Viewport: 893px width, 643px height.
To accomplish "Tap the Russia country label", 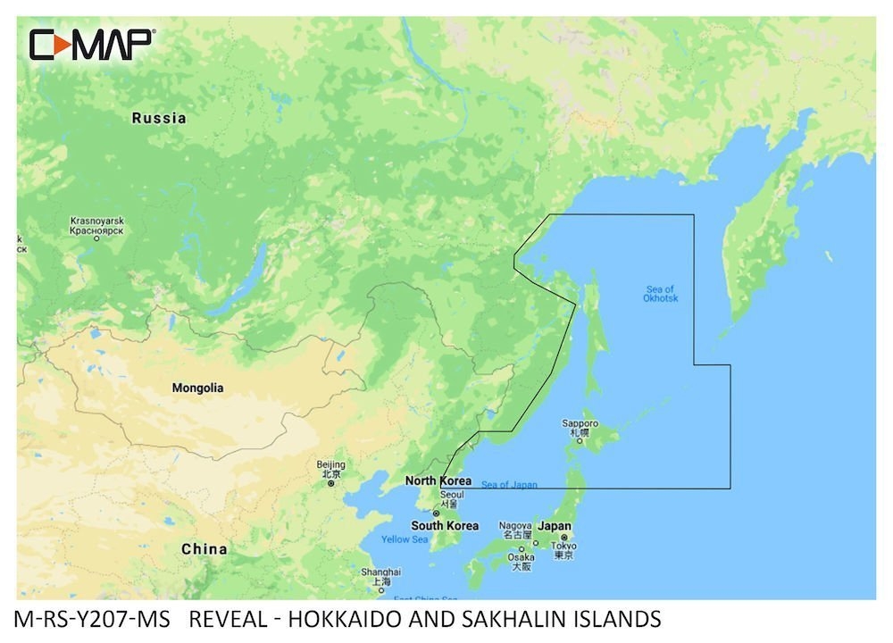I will tap(159, 118).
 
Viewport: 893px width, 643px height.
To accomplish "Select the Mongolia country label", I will tap(197, 388).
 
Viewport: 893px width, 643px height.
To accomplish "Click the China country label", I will tap(204, 549).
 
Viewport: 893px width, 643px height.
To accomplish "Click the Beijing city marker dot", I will tap(330, 483).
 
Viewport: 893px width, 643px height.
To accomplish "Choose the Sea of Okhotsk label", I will tap(661, 293).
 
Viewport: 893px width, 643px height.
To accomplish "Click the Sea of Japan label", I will tap(509, 485).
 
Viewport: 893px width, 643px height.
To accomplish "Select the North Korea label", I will tap(438, 481).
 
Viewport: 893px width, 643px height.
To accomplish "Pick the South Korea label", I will tap(444, 526).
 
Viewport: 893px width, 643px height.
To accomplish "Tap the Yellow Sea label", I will tap(405, 539).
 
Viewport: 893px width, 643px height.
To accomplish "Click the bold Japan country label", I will tap(554, 527).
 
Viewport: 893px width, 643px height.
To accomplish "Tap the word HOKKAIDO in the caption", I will tap(355, 619).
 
